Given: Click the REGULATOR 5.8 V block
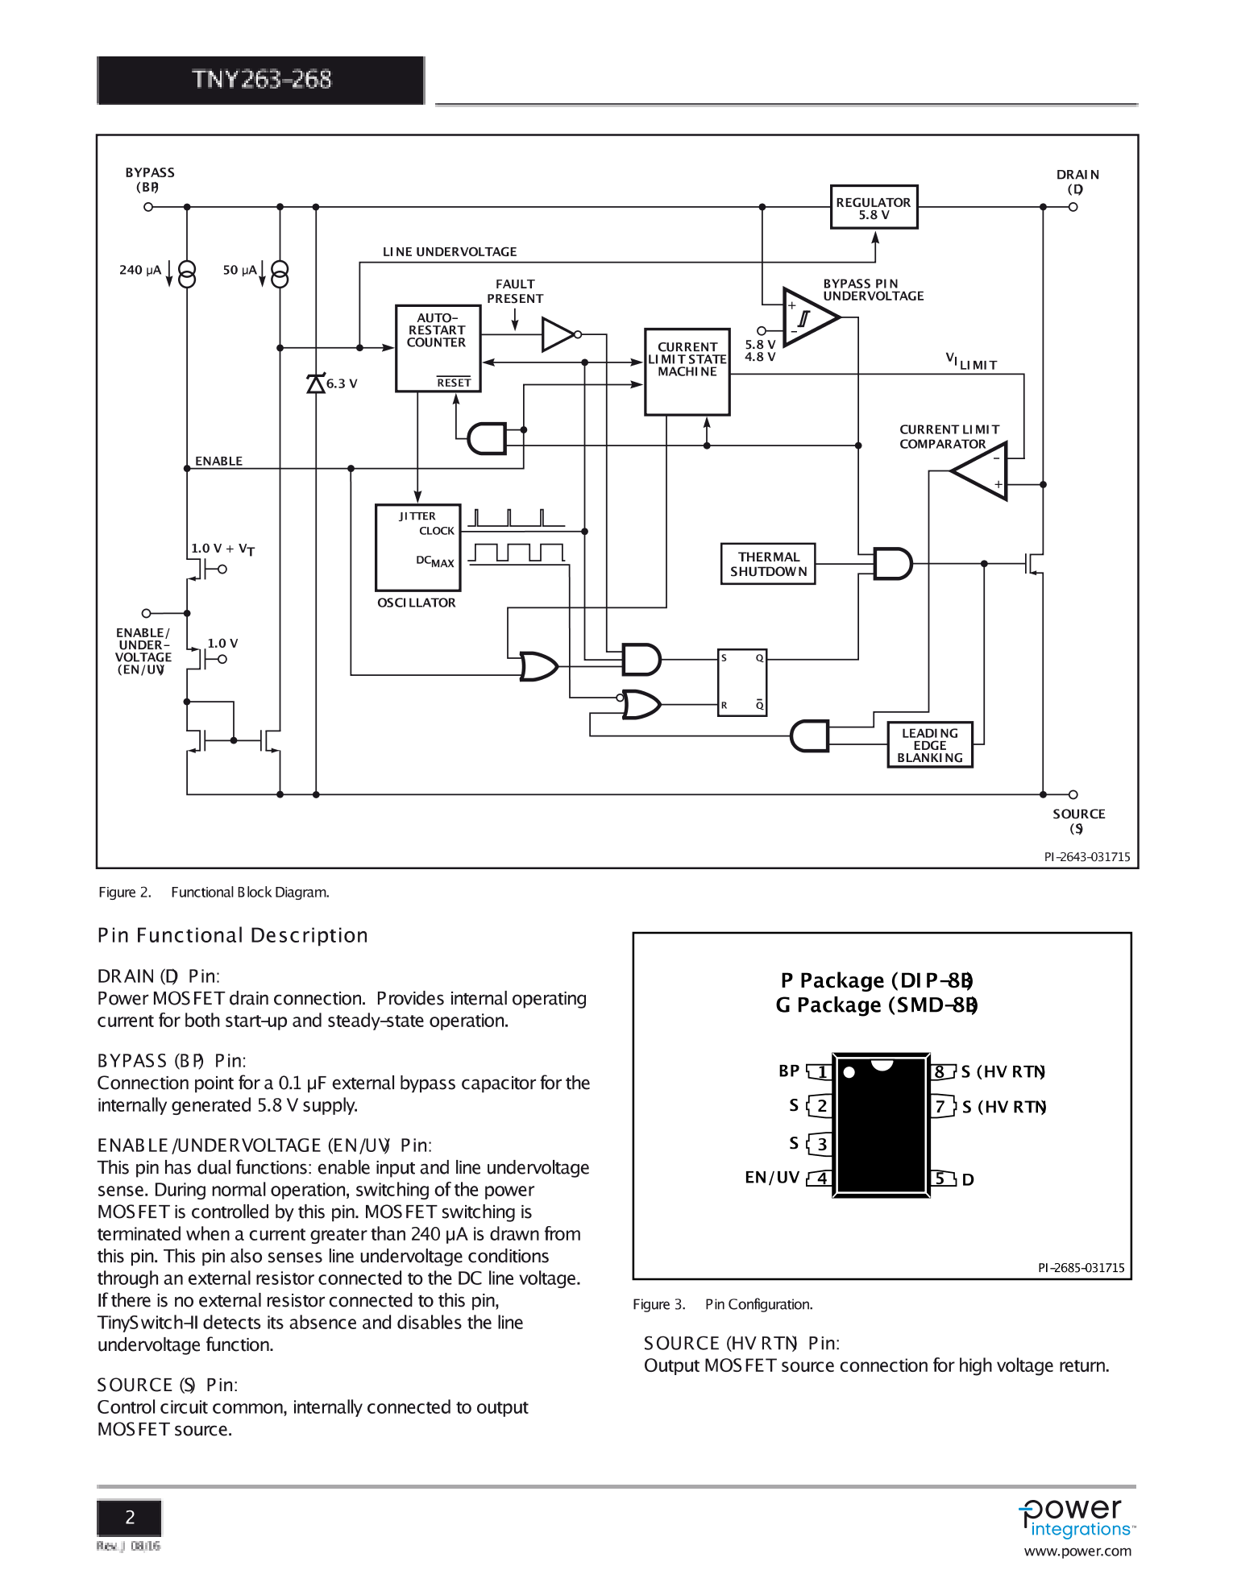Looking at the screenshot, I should tap(874, 208).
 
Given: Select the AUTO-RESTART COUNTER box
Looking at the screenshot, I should tap(438, 348).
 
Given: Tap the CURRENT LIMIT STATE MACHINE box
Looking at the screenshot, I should tap(687, 371).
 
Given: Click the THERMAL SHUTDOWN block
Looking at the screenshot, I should tap(767, 564).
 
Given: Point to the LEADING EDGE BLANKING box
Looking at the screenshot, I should tap(929, 745).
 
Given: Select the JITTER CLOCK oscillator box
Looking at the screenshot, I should tap(417, 548).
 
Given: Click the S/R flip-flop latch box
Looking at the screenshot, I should tap(741, 682).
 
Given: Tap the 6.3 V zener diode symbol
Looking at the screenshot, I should tap(316, 383).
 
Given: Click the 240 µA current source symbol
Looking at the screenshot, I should tap(187, 275).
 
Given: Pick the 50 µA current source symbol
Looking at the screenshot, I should tap(280, 275).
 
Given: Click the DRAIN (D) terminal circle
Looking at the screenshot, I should tap(1073, 207).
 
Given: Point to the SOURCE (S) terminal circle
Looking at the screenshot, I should tap(1073, 794).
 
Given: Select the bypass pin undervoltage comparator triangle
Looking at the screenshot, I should tap(808, 317).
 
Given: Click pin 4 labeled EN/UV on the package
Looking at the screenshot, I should tap(820, 1178).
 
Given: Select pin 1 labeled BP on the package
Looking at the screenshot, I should tap(820, 1071).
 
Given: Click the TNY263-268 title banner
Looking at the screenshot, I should tap(261, 80).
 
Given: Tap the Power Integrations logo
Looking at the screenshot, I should tap(1077, 1519).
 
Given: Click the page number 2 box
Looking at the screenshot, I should tap(129, 1518).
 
